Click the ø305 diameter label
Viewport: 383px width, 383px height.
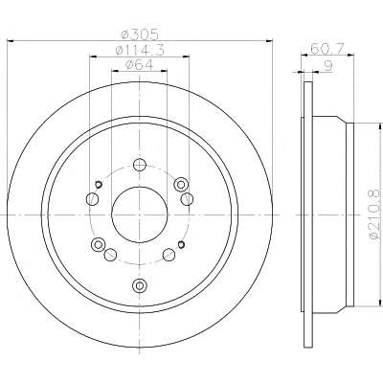[x=140, y=34]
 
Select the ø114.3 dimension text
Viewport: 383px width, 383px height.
[x=140, y=50]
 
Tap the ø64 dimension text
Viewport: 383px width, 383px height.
[x=140, y=65]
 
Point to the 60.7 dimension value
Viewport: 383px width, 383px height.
[x=327, y=49]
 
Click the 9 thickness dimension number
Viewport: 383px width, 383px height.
[x=327, y=66]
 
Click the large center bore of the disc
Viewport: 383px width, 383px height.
[x=140, y=214]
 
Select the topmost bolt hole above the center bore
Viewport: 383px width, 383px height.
[x=140, y=165]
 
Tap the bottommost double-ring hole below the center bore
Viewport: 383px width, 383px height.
[x=140, y=284]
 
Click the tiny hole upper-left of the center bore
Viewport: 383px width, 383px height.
[x=99, y=184]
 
